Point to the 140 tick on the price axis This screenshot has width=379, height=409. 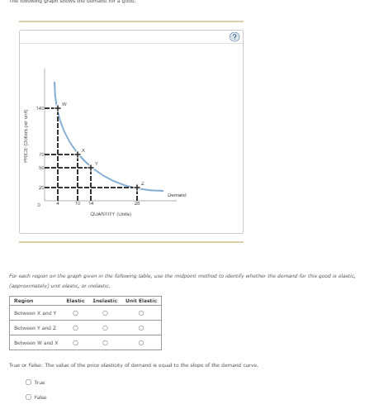38,108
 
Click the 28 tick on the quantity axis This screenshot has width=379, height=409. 137,203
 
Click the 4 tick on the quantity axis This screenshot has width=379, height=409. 58,203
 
